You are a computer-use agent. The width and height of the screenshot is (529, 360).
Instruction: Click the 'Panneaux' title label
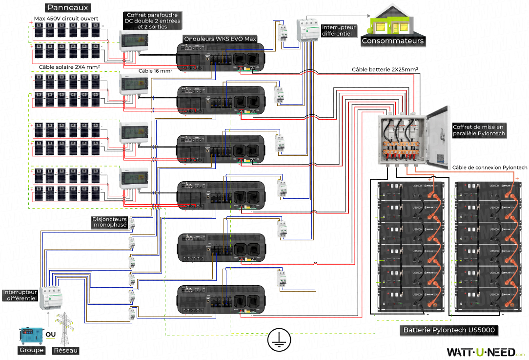click(x=68, y=8)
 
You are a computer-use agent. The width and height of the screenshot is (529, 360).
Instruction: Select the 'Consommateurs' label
click(x=392, y=41)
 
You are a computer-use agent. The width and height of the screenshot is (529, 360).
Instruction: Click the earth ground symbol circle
click(x=278, y=339)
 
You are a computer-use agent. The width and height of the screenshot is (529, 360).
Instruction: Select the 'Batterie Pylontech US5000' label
click(x=449, y=330)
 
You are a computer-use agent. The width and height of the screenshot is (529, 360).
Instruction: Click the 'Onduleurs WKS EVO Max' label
click(x=220, y=38)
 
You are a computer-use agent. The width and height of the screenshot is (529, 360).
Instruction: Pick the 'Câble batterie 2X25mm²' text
click(x=385, y=70)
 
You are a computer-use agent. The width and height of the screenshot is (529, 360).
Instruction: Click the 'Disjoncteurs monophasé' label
click(x=110, y=222)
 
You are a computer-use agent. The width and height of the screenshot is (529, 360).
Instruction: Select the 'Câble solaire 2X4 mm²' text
click(x=69, y=66)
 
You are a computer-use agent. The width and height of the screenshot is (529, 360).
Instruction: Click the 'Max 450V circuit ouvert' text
click(x=66, y=19)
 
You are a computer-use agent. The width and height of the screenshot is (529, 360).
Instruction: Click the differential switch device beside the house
click(x=307, y=30)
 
